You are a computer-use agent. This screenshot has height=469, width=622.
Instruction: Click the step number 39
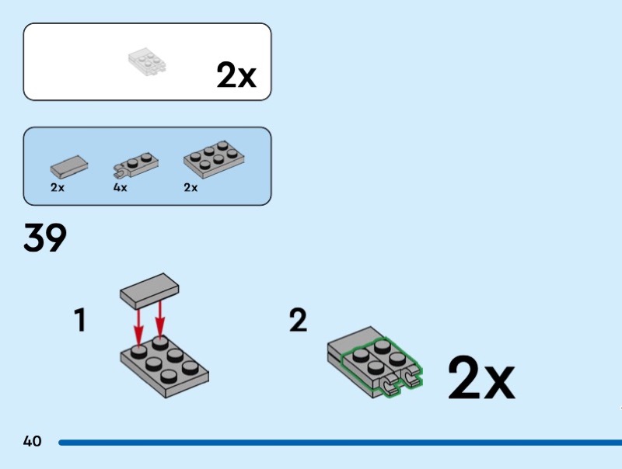[45, 238]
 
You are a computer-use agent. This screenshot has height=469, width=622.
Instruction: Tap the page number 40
[32, 441]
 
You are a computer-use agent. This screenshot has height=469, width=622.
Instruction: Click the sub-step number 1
[80, 321]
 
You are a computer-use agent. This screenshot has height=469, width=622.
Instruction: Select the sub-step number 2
[298, 321]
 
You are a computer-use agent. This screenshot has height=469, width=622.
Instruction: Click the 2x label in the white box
[236, 75]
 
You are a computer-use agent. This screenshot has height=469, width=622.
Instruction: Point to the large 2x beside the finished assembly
[481, 377]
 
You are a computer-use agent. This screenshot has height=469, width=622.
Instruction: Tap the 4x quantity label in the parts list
[121, 187]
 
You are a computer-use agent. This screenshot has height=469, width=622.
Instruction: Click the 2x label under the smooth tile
[57, 187]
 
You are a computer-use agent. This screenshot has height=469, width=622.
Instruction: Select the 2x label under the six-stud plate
[190, 187]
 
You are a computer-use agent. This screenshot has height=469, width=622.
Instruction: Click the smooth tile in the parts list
[69, 166]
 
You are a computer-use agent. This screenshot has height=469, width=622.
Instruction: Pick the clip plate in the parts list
[135, 165]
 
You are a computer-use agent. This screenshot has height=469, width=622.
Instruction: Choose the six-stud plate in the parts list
[214, 159]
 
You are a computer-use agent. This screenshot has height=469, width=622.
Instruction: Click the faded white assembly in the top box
[147, 62]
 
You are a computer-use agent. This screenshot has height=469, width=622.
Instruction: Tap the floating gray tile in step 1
[149, 290]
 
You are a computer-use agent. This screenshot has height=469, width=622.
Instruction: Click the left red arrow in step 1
[138, 328]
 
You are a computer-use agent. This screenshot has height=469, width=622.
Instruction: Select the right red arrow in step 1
[160, 320]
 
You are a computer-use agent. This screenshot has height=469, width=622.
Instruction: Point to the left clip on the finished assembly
[390, 385]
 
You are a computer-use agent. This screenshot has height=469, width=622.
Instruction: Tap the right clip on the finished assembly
[412, 377]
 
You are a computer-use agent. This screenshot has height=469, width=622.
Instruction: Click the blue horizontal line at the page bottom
[340, 443]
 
